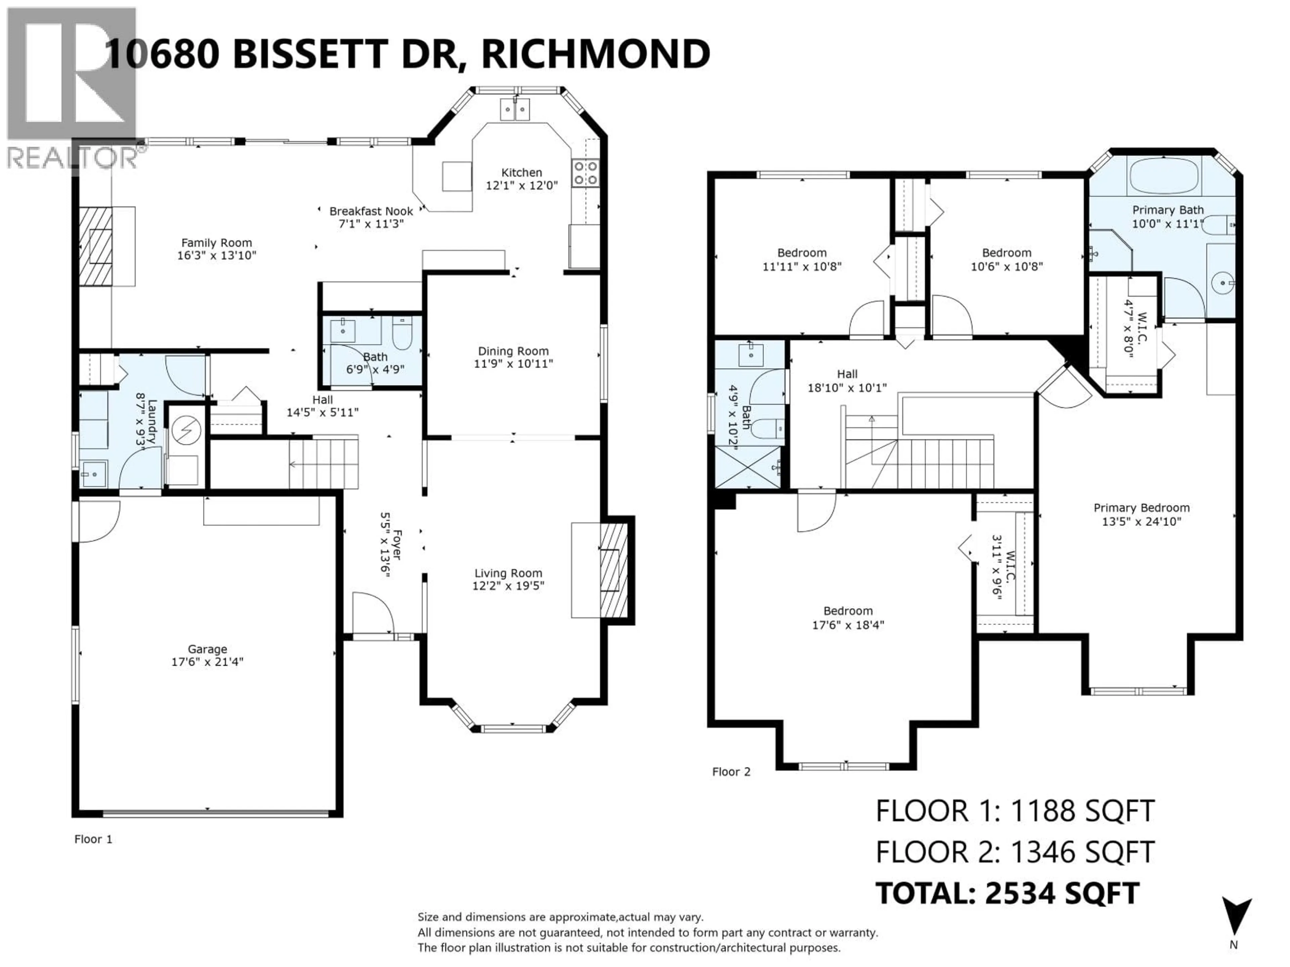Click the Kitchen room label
point(521,173)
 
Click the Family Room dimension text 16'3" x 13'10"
point(216,255)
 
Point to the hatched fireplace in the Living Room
point(612,571)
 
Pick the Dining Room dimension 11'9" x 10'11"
point(513,364)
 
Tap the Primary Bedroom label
point(1141,508)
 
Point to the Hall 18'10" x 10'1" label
point(847,381)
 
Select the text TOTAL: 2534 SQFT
point(1007,893)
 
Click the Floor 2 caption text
point(731,772)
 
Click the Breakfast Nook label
point(371,211)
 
